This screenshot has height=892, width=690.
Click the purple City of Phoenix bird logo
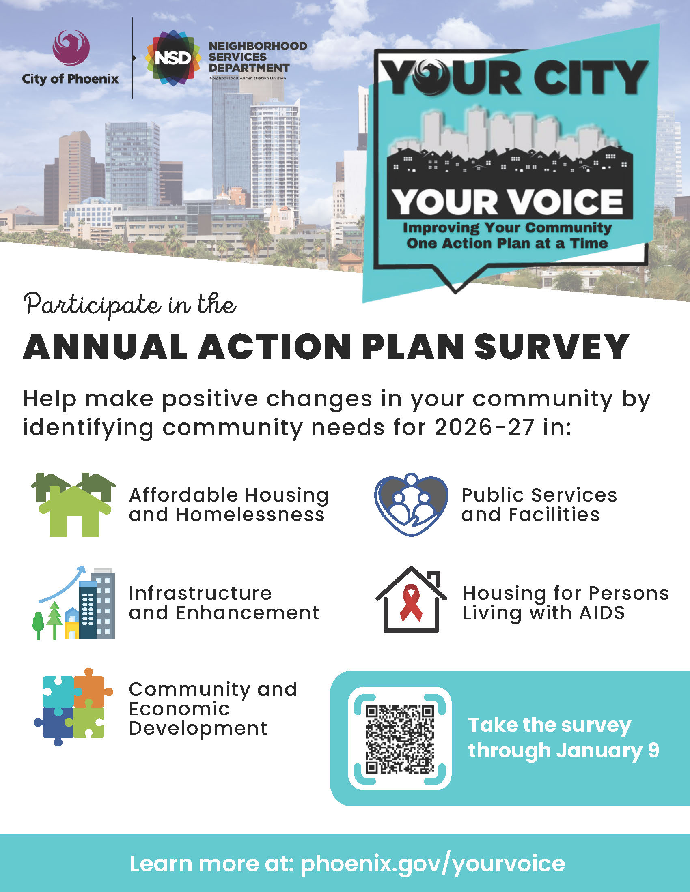point(71,48)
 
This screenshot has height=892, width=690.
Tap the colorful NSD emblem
point(173,58)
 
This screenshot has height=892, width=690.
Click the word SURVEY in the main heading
point(552,347)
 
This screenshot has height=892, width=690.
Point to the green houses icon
point(73,505)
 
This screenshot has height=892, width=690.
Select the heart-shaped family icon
point(411,505)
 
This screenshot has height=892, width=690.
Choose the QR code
point(400,739)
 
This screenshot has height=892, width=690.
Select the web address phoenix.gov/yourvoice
point(433,864)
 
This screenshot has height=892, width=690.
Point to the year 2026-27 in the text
point(484,428)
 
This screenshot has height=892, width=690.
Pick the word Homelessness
point(250,515)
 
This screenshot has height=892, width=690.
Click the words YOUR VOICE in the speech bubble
point(508,202)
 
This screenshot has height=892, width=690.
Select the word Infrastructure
point(200,593)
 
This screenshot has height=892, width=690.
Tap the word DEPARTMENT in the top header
point(249,68)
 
